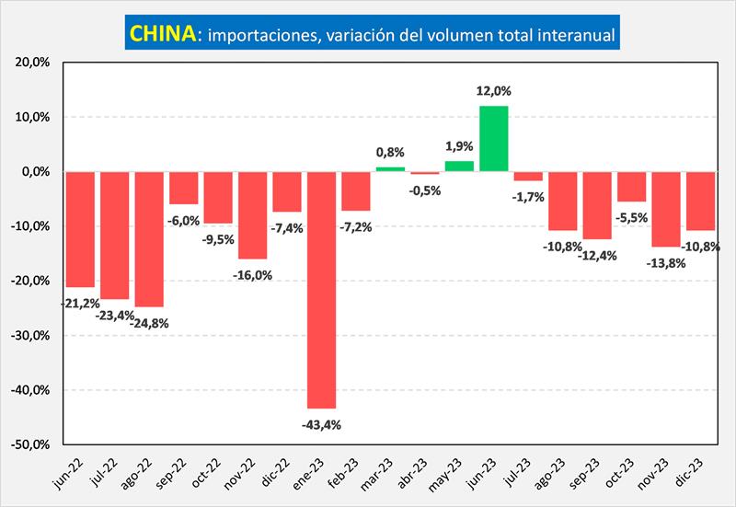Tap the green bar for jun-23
494,138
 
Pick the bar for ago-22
149,238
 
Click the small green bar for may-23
459,167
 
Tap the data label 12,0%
494,91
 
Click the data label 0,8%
390,152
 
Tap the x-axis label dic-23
693,473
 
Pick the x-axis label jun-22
71,473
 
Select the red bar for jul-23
528,176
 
